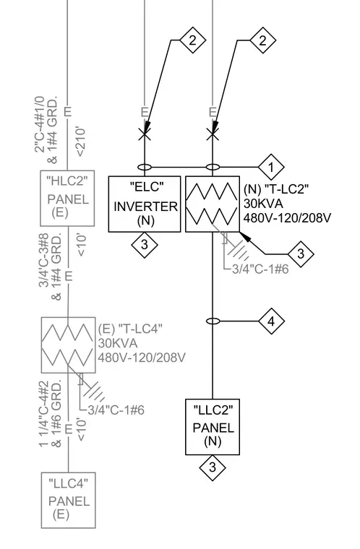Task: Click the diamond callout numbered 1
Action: [x=271, y=167]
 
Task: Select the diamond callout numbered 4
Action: [x=271, y=321]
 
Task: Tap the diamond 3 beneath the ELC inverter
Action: [x=145, y=245]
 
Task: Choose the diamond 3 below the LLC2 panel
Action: [x=213, y=468]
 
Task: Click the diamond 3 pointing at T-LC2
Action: [x=301, y=254]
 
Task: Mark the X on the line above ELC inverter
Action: [x=145, y=134]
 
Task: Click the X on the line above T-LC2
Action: [x=213, y=134]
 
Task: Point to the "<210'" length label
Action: [x=81, y=142]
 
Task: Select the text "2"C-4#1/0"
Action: [x=40, y=124]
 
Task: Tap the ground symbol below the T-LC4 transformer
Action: [x=93, y=390]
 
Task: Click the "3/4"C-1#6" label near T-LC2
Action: [x=260, y=269]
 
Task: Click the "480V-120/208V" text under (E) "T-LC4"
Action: [x=142, y=358]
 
